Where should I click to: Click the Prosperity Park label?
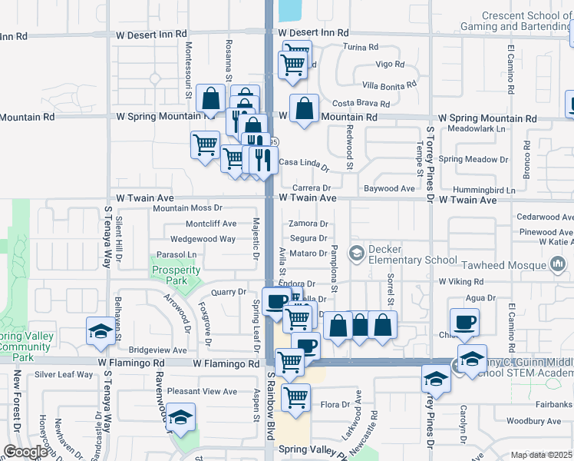point(176,275)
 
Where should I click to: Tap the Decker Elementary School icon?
point(356,253)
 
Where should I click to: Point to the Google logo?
point(25,452)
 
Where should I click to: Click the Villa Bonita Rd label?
point(389,84)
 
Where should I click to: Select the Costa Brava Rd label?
point(361,104)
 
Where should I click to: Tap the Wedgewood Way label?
point(203,239)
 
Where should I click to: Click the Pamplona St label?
point(335,265)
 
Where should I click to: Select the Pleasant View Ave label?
point(203,391)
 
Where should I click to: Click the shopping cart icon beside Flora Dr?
point(295,398)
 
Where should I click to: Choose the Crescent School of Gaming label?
point(526,22)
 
